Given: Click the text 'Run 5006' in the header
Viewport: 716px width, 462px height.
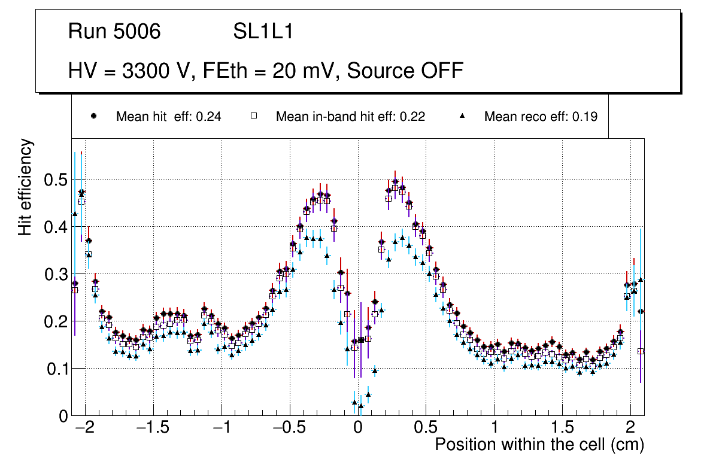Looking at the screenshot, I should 114,32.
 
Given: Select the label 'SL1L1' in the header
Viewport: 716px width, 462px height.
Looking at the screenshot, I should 263,32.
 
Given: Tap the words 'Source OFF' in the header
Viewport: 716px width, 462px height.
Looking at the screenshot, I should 405,71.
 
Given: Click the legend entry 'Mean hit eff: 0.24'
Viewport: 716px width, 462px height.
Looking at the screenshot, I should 168,117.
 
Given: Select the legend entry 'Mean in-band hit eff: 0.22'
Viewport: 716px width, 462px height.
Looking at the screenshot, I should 350,117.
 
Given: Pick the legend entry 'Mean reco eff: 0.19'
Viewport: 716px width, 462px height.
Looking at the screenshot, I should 541,117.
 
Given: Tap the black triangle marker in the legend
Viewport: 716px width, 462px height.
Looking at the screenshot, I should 463,116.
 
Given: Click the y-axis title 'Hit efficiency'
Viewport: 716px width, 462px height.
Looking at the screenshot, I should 25,187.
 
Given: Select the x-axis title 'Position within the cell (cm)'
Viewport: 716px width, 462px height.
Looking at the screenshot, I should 539,445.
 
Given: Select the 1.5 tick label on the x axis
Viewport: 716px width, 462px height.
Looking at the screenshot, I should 562,428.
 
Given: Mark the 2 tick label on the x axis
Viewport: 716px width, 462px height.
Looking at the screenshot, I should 630,428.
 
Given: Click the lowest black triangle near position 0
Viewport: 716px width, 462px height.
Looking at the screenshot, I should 361,406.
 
